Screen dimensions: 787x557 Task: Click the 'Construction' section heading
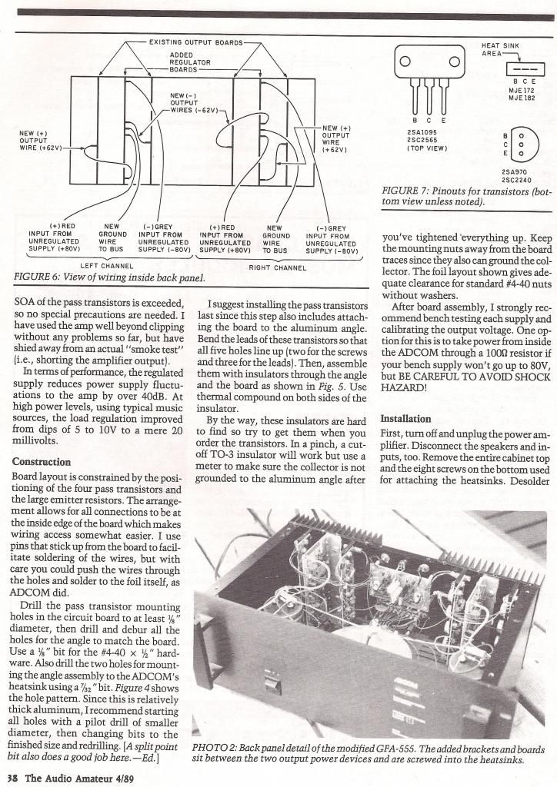pos(42,462)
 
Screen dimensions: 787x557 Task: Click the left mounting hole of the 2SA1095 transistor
pos(404,61)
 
